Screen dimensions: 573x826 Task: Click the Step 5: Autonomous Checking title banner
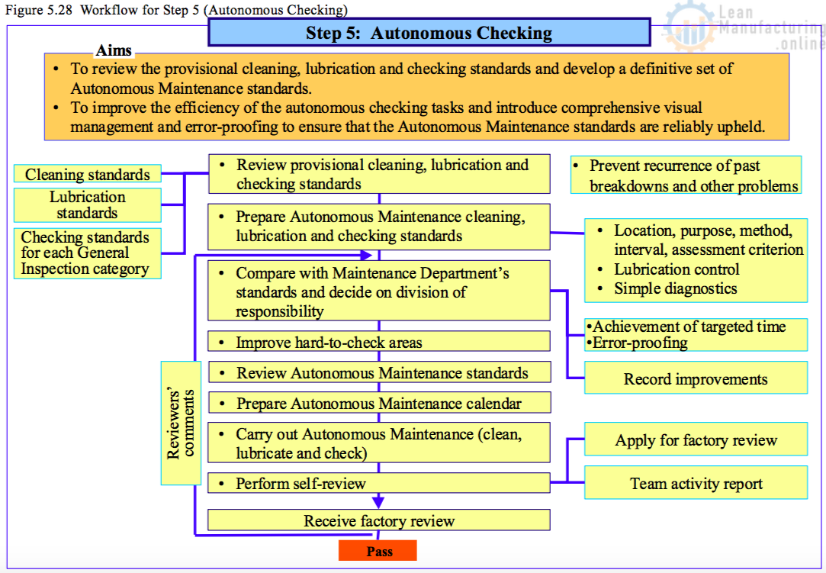tap(429, 33)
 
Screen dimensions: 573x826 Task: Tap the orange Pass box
tap(378, 551)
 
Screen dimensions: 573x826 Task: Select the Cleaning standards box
tap(88, 175)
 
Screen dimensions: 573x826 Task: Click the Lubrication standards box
tap(88, 205)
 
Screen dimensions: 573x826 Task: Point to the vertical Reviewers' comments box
tap(181, 423)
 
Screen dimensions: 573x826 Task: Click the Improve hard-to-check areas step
tap(379, 342)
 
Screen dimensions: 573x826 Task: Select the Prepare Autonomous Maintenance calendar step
tap(379, 403)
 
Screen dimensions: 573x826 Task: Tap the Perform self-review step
tap(379, 483)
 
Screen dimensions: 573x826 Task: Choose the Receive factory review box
tap(379, 521)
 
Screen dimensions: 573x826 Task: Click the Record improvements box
tap(696, 378)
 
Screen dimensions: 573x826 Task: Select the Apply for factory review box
tap(696, 440)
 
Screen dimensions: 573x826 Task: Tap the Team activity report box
tap(696, 484)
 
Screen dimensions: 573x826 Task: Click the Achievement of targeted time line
tap(689, 327)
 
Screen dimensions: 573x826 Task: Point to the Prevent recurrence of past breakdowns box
tap(686, 175)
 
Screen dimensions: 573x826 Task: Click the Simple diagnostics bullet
tap(676, 288)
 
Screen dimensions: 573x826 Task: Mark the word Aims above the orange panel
tap(114, 51)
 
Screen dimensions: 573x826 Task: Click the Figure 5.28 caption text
tap(176, 10)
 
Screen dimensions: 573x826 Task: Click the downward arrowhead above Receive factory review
tap(378, 501)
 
